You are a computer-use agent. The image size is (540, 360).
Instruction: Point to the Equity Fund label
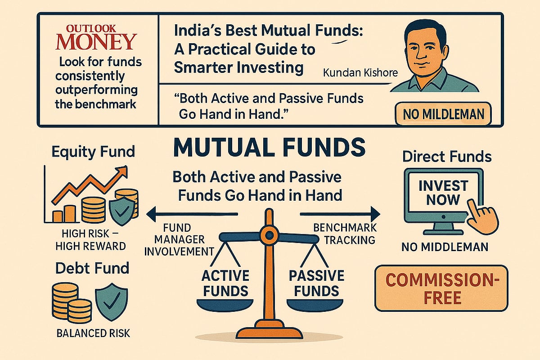point(93,151)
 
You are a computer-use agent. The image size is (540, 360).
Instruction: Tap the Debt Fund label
point(92,269)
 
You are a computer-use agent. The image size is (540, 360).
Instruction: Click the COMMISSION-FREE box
point(441,288)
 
